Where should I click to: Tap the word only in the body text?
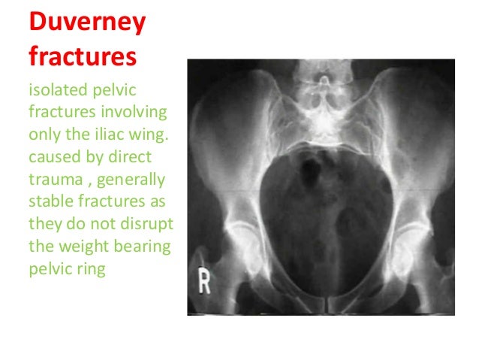click(x=42, y=130)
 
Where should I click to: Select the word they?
click(x=42, y=208)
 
